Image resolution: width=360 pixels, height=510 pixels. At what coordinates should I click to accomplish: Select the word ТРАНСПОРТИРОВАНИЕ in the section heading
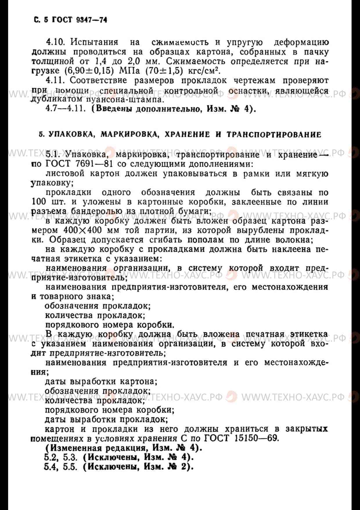pyautogui.click(x=274, y=135)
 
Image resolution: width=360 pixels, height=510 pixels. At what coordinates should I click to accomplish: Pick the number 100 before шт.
pyautogui.click(x=38, y=202)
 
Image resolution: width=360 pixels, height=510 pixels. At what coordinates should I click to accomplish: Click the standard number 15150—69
pyautogui.click(x=256, y=438)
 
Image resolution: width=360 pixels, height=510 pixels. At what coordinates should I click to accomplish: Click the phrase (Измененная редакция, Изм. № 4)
pyautogui.click(x=123, y=448)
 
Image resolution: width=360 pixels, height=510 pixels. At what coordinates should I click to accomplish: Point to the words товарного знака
pyautogui.click(x=75, y=297)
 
